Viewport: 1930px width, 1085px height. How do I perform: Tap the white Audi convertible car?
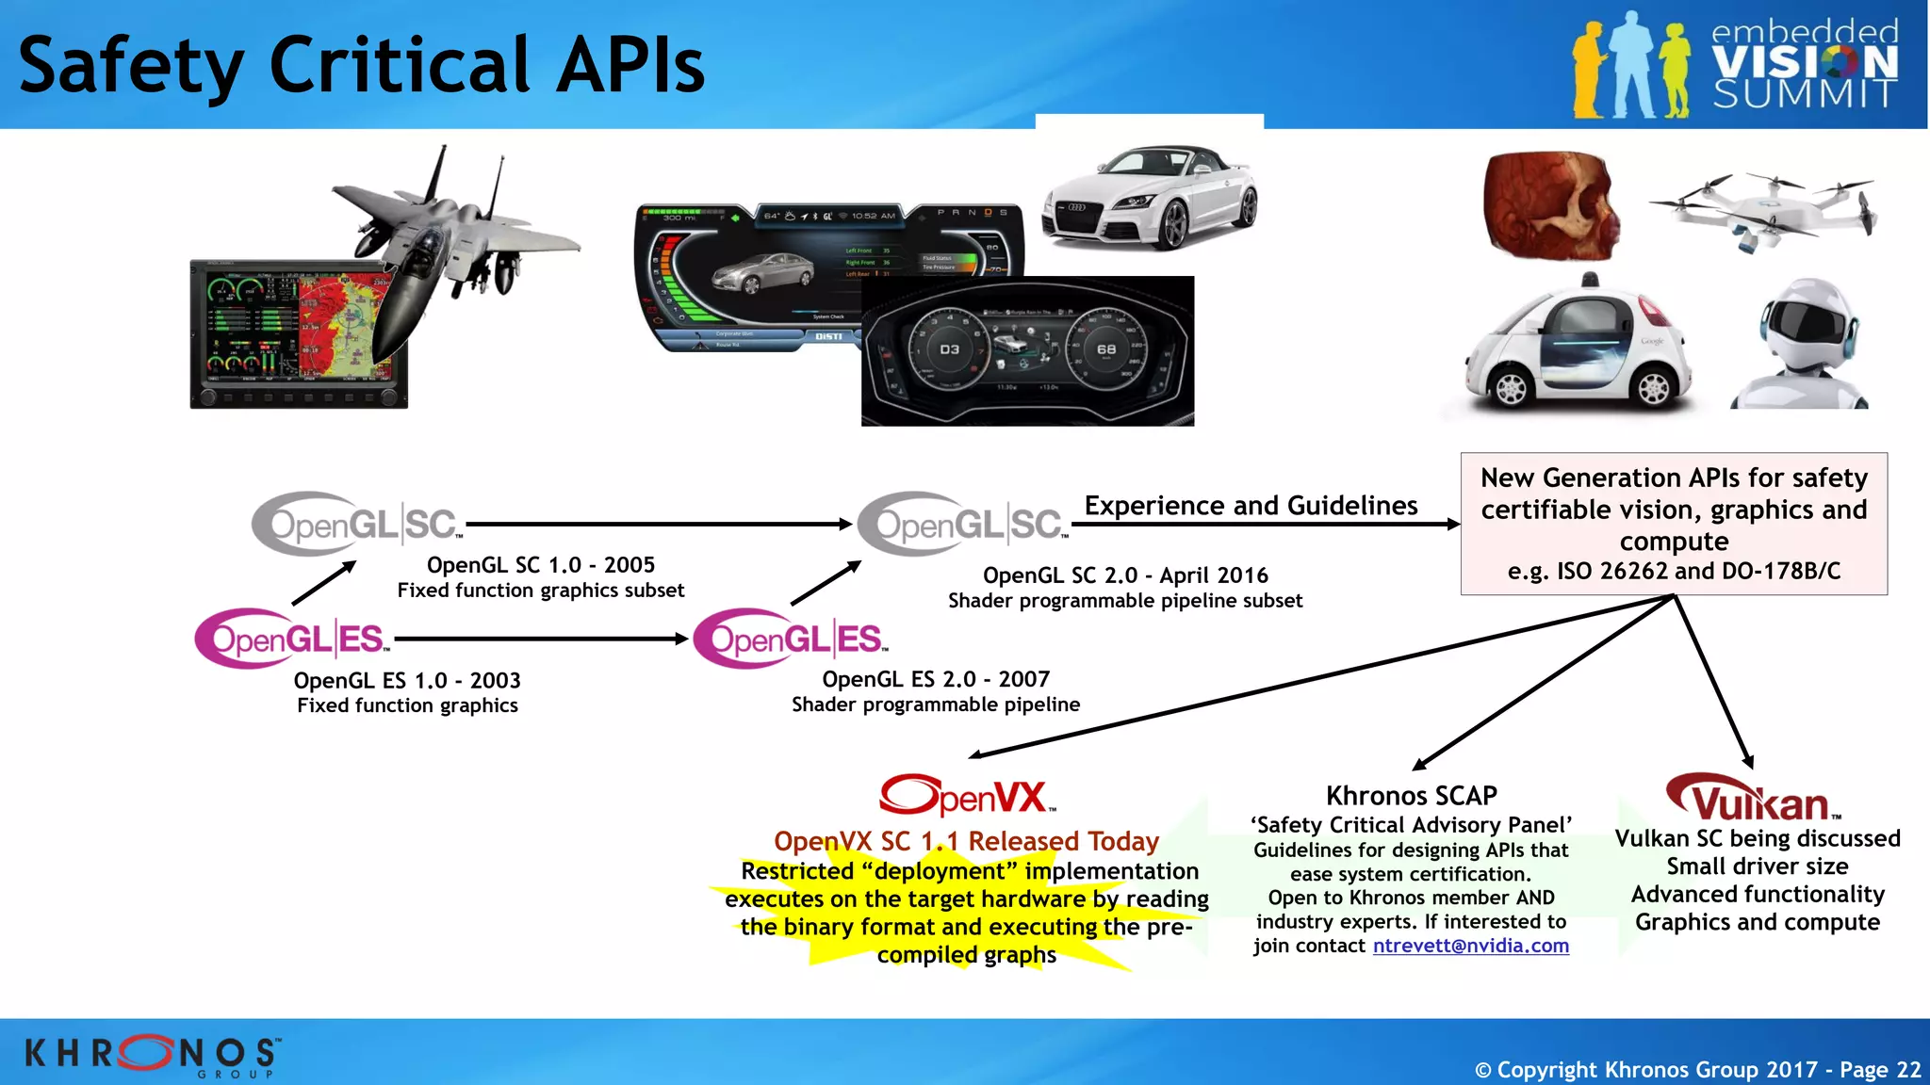point(1150,198)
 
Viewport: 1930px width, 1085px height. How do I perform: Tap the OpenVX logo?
point(967,796)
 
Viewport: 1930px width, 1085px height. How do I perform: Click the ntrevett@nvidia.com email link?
point(1470,946)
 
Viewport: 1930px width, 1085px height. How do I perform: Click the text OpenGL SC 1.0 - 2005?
point(540,565)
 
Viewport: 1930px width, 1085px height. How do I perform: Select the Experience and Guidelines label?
point(1251,506)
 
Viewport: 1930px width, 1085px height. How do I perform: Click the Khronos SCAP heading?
point(1411,796)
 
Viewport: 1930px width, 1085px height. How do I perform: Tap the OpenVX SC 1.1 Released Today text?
point(966,841)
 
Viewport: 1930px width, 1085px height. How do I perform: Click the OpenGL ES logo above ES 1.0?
point(292,639)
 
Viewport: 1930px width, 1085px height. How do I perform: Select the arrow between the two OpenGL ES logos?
point(542,639)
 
